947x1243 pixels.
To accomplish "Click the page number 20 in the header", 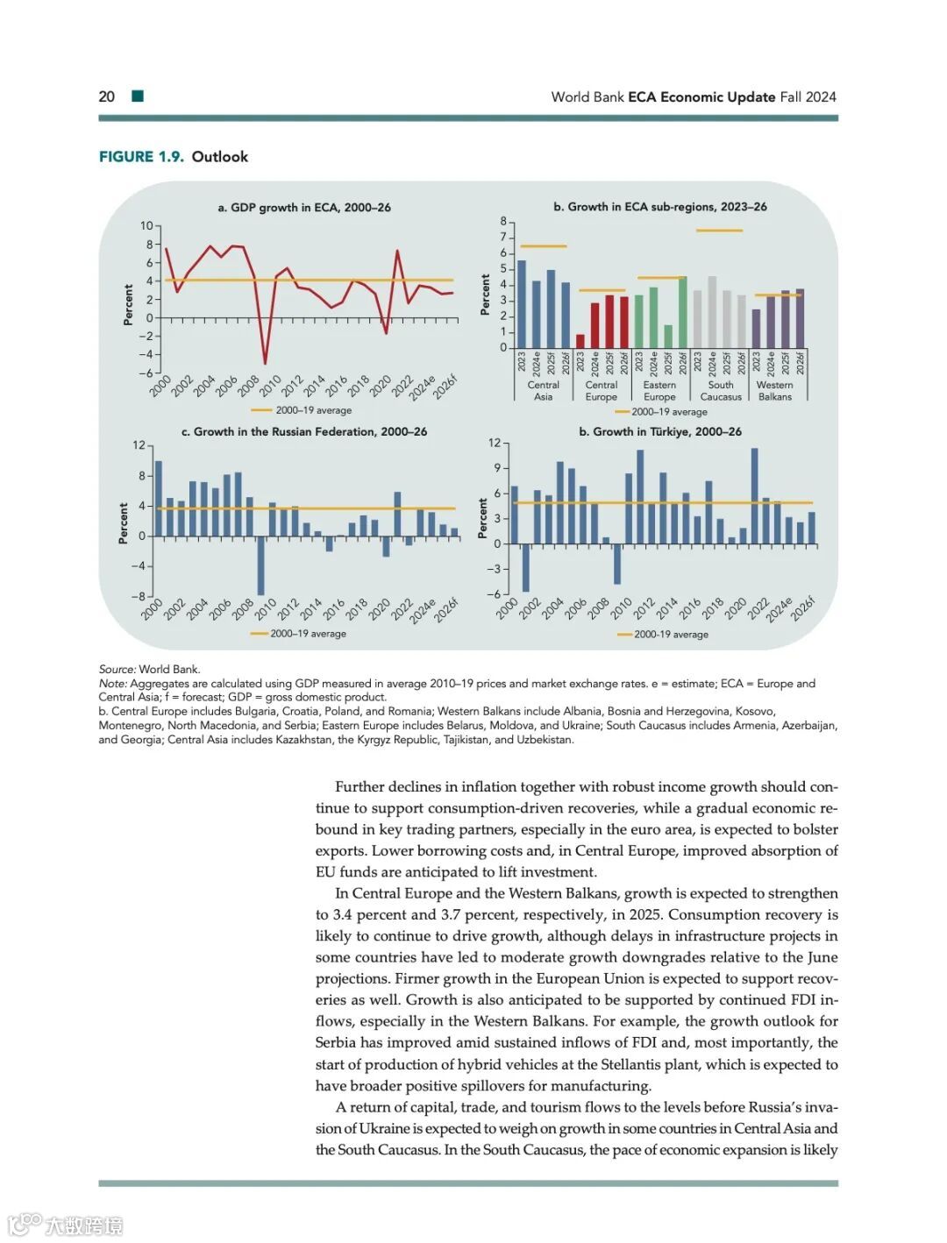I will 106,96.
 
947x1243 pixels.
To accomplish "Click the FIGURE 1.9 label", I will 141,157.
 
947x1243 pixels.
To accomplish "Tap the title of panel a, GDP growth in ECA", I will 304,208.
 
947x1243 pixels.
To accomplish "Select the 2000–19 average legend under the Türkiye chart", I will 663,635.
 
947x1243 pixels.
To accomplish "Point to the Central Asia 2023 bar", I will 522,304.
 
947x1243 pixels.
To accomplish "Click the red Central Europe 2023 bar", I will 580,341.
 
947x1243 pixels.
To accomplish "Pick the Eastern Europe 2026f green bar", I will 682,312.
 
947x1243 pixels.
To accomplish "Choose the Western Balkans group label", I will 774,391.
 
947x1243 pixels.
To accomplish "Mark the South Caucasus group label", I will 721,391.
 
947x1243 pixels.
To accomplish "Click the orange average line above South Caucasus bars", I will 719,231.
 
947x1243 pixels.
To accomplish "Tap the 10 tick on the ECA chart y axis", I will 146,226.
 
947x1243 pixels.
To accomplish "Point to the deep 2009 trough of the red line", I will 265,362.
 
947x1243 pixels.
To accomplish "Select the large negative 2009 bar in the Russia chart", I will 260,565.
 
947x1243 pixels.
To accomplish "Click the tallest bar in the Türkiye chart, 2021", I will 754,496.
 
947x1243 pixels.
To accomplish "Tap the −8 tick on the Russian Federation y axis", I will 138,596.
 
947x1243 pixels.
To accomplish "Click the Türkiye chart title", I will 659,432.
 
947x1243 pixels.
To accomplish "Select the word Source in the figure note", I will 117,670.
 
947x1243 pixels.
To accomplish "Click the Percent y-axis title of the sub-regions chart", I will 485,295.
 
